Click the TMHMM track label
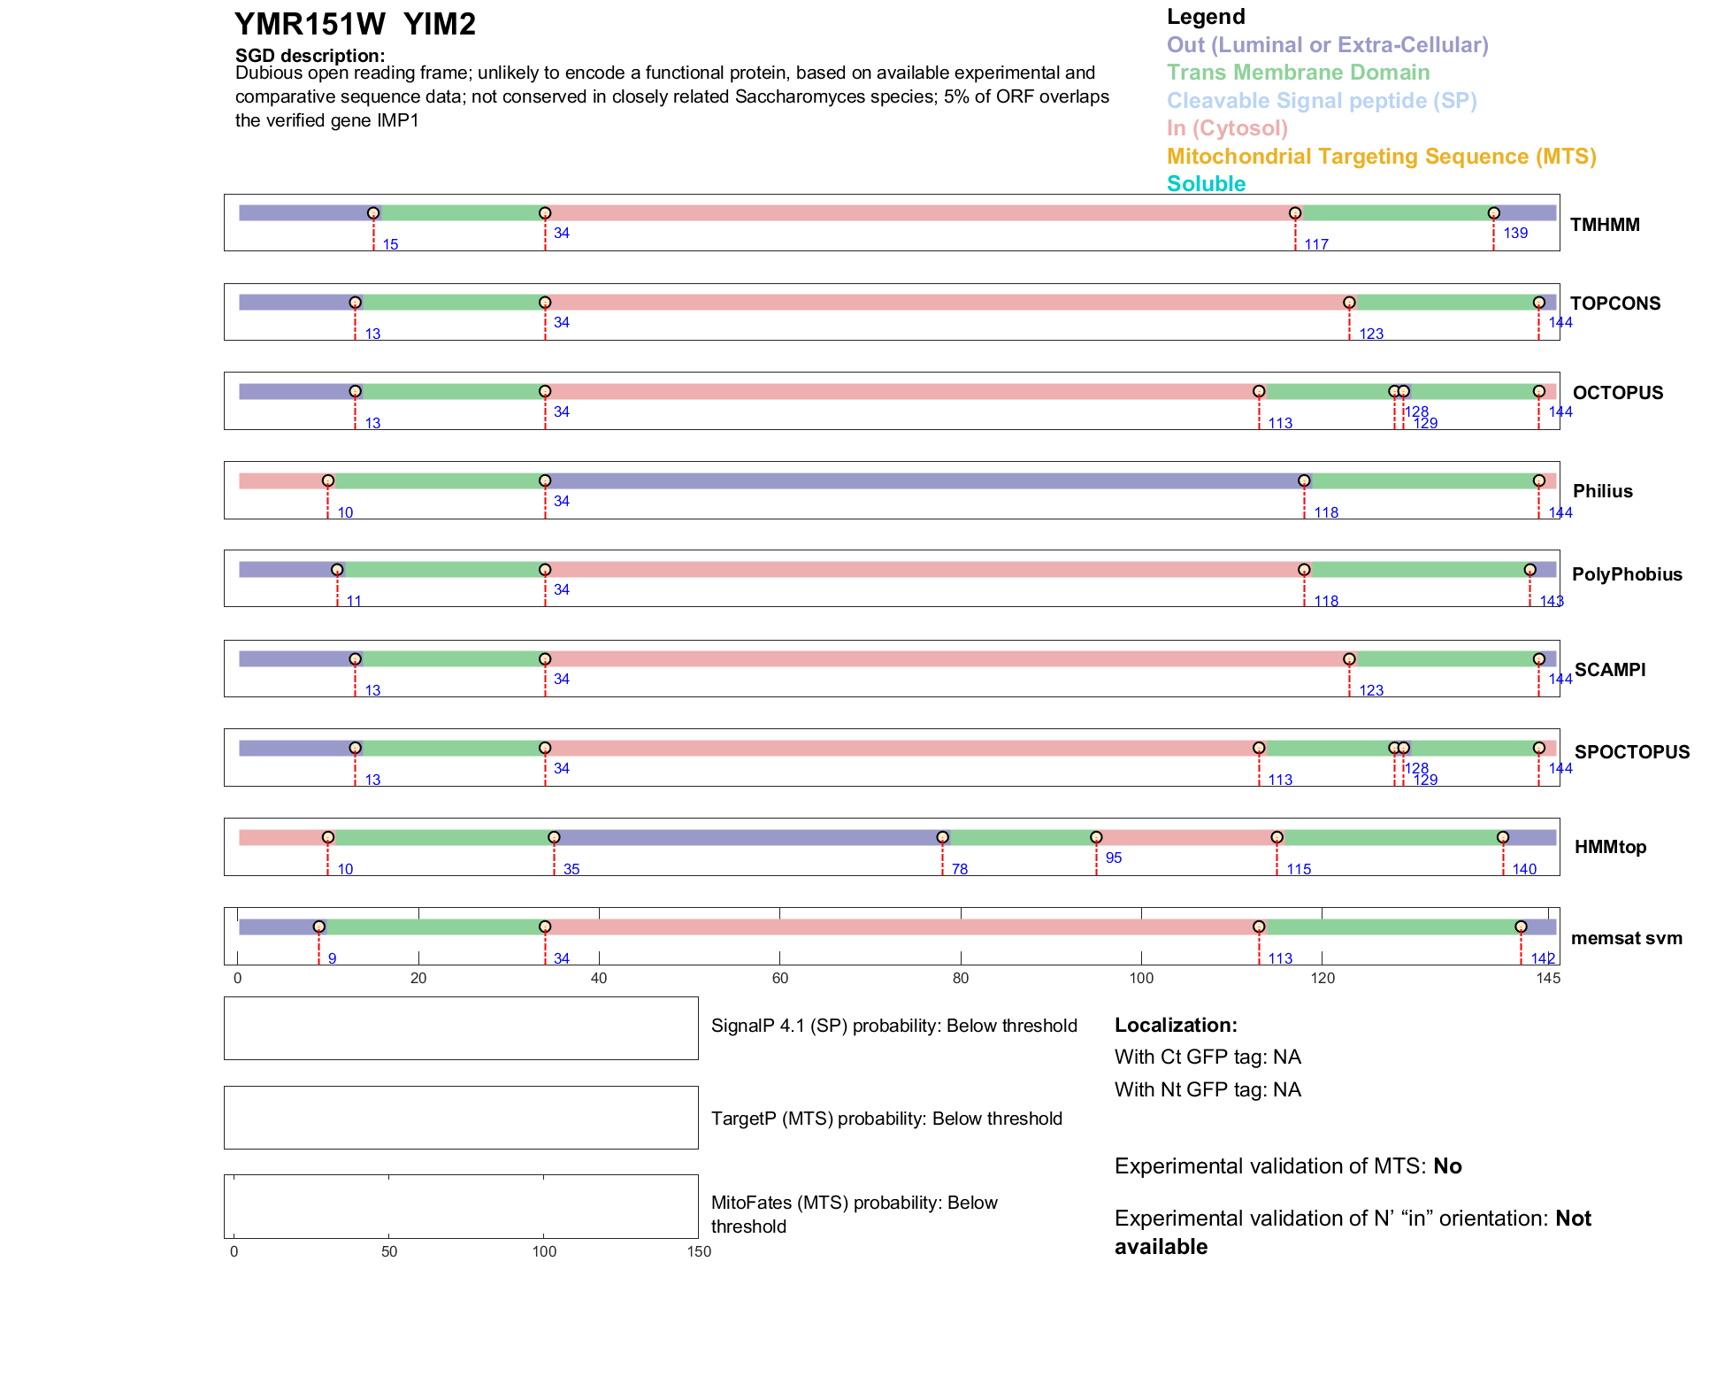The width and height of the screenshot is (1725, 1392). [x=1604, y=225]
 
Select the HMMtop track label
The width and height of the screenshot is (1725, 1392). [x=1610, y=847]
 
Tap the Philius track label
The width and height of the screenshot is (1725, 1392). [x=1602, y=491]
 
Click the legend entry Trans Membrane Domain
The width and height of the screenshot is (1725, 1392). [x=1298, y=73]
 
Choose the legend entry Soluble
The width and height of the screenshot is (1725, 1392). [x=1206, y=184]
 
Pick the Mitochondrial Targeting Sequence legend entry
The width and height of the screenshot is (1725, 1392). [x=1381, y=157]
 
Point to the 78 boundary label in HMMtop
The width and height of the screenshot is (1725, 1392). [x=960, y=869]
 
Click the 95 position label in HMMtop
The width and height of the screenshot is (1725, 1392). [x=1113, y=858]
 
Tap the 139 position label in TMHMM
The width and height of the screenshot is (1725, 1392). [x=1515, y=233]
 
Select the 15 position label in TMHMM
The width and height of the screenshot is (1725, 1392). [x=390, y=244]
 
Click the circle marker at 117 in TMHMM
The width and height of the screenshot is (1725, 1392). [x=1295, y=213]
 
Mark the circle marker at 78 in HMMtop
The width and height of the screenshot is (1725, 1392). [x=942, y=837]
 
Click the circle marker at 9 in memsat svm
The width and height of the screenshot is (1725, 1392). [x=318, y=927]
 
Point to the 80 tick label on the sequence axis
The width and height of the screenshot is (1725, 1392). [x=961, y=978]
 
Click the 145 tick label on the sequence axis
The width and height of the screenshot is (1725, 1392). [x=1548, y=978]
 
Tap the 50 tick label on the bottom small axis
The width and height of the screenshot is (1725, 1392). [x=389, y=1251]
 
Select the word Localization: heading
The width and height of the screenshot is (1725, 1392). [x=1176, y=1025]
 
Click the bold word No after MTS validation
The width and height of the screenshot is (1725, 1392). [x=1447, y=1166]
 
